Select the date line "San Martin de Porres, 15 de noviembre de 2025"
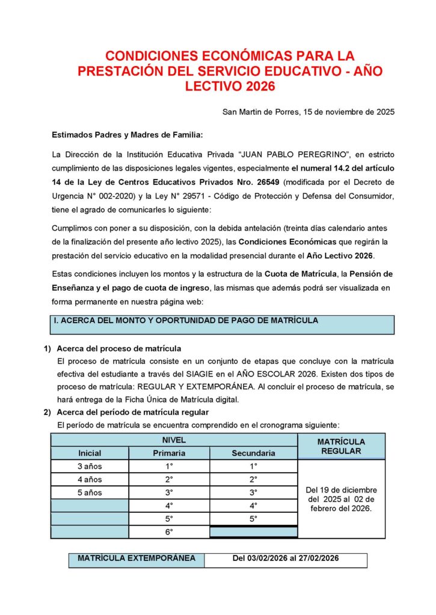tap(308, 112)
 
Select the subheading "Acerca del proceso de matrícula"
tap(119, 348)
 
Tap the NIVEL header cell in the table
tap(174, 440)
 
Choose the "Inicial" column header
tap(90, 453)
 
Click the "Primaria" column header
tap(169, 453)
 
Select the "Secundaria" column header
tap(253, 453)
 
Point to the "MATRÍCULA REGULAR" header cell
tap(341, 446)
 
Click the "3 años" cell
tap(90, 466)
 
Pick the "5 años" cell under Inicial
tap(90, 492)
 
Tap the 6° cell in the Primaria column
tap(169, 532)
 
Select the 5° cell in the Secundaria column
tap(253, 518)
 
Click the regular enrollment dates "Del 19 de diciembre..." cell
tap(341, 499)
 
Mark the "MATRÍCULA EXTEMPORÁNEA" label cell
tap(137, 559)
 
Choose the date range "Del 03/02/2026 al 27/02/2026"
tap(286, 559)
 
